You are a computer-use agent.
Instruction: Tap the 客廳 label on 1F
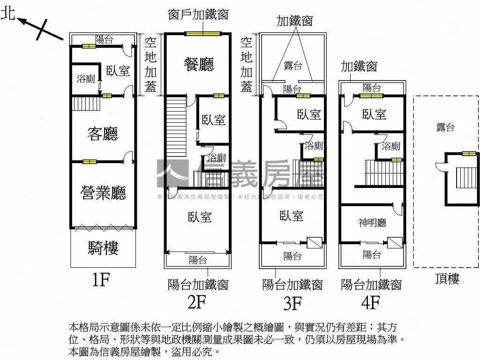coord(103,134)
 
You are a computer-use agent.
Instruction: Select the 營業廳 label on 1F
coord(104,192)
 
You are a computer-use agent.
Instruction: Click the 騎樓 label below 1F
coord(103,247)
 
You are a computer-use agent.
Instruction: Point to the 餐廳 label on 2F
coord(198,64)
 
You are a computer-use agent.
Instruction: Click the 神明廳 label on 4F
coord(373,223)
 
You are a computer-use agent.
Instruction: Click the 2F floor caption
coord(197,302)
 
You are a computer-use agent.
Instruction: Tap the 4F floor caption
coord(370,303)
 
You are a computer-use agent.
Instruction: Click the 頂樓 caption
coord(447,279)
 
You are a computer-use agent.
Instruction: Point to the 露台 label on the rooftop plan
coord(445,127)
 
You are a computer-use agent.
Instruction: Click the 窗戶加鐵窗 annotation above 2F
coord(198,15)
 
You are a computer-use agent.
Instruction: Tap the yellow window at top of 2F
coord(202,33)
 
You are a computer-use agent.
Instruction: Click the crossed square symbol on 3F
coord(314,242)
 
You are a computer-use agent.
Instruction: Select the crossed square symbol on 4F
coord(395,242)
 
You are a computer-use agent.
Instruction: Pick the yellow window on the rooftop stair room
coord(468,153)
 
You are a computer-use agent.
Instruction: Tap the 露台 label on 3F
coord(292,66)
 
